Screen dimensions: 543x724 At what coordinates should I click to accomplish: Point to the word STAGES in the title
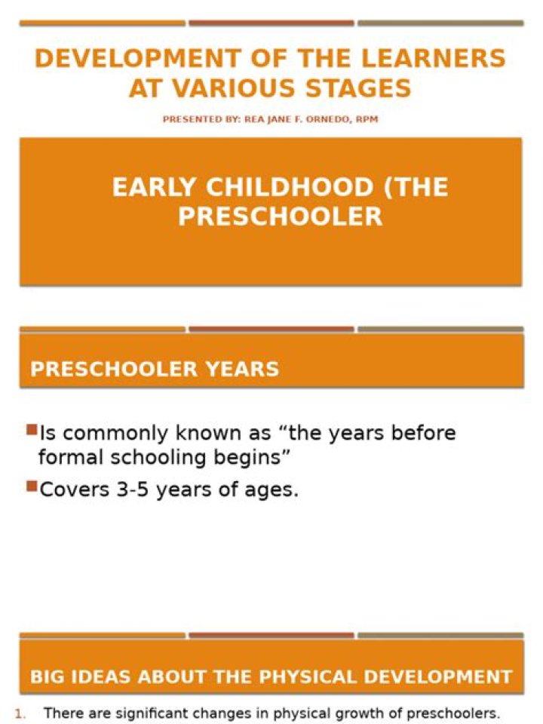[x=358, y=89]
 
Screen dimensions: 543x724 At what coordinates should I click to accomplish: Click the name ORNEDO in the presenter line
[x=328, y=119]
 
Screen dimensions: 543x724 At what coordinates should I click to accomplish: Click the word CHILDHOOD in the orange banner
[x=289, y=188]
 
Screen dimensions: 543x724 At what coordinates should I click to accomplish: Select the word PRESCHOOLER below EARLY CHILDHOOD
[x=281, y=216]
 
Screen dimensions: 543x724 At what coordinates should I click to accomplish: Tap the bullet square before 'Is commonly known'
[x=32, y=431]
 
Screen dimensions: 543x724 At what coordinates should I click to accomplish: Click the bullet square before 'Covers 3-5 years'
[x=32, y=486]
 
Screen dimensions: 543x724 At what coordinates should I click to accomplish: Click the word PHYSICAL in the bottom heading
[x=308, y=677]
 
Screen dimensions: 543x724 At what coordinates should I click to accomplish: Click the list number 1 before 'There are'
[x=19, y=714]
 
